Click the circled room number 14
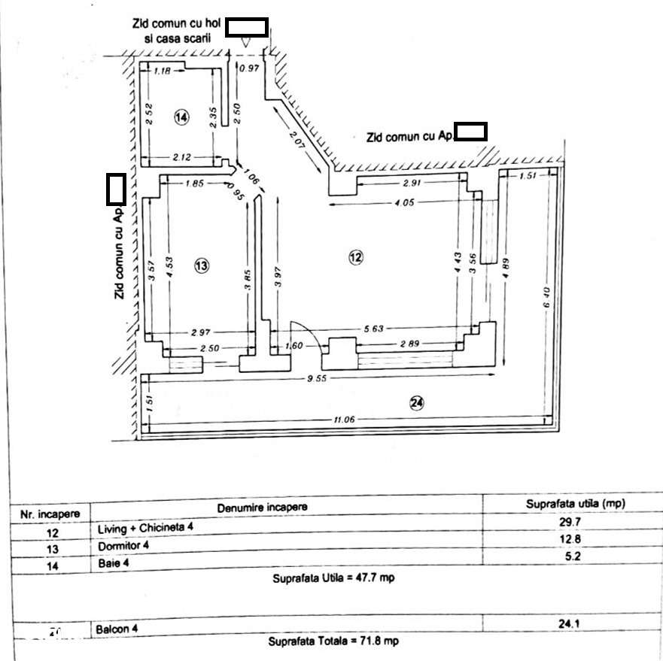tap(181, 117)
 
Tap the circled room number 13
tap(201, 265)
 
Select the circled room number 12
tap(356, 257)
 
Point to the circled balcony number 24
tap(417, 403)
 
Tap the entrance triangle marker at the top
tap(247, 44)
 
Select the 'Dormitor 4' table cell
tap(123, 545)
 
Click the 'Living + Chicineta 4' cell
tap(144, 528)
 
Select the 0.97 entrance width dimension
tap(249, 68)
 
